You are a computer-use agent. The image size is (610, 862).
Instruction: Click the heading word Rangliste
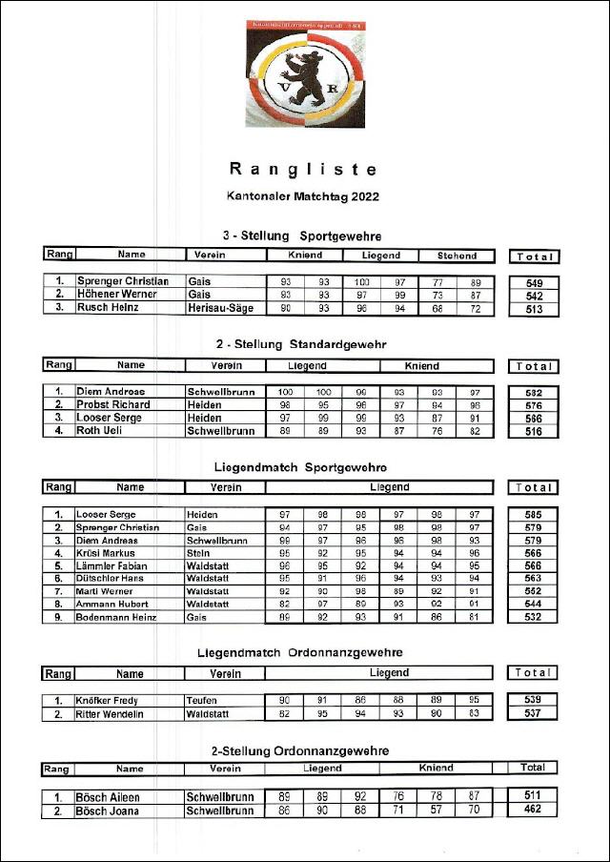[x=303, y=170]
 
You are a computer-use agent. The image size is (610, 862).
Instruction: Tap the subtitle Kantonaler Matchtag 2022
[x=303, y=197]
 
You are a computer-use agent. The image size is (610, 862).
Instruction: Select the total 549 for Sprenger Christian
[x=533, y=283]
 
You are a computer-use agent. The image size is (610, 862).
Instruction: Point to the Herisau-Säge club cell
[x=220, y=308]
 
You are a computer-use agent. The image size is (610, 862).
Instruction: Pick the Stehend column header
[x=457, y=256]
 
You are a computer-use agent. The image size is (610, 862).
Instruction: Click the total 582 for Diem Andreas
[x=533, y=392]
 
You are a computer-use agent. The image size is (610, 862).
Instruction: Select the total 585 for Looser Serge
[x=533, y=515]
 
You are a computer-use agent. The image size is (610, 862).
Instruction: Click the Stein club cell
[x=199, y=553]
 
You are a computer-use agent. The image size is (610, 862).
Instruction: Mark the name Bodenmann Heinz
[x=116, y=618]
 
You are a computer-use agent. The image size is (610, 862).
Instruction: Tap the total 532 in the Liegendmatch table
[x=533, y=618]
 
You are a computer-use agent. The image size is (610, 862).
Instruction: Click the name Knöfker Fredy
[x=108, y=700]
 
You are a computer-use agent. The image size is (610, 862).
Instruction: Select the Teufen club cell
[x=202, y=700]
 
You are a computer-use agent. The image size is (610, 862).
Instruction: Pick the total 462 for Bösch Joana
[x=533, y=810]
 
